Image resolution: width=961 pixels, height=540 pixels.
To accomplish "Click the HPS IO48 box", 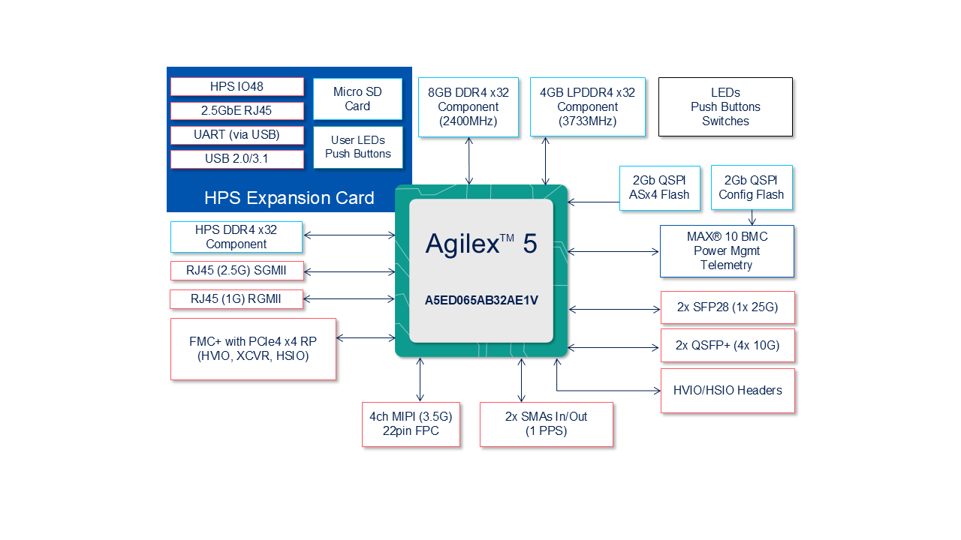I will (236, 87).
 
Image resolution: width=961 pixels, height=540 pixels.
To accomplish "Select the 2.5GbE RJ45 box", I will (236, 111).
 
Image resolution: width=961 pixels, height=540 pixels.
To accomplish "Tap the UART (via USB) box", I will (236, 135).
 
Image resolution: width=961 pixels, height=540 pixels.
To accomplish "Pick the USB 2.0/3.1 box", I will (236, 159).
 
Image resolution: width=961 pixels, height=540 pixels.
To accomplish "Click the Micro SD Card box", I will (357, 99).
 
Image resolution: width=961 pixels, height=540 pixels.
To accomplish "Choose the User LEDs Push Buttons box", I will (357, 147).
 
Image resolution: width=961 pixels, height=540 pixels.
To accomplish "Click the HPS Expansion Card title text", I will (289, 198).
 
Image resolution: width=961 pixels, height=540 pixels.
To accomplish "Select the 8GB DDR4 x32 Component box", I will (468, 106).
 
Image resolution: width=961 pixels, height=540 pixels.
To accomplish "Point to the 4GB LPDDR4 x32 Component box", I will (587, 106).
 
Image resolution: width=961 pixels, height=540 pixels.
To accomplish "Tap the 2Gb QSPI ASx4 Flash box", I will (659, 187).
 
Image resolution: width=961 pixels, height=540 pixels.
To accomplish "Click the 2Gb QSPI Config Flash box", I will (751, 187).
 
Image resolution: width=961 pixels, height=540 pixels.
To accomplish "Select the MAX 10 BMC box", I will (726, 250).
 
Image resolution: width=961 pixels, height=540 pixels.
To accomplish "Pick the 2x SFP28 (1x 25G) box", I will (727, 307).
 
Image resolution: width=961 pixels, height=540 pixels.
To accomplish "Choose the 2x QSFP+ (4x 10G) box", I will (727, 346).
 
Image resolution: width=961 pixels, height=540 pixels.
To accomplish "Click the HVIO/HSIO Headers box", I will (727, 390).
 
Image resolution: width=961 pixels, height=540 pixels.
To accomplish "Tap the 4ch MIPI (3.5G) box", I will (411, 424).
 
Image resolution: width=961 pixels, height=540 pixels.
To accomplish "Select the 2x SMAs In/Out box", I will (546, 424).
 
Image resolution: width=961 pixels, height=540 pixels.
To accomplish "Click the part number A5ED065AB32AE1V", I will (481, 300).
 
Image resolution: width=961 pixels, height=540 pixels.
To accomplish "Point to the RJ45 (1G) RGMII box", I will (236, 298).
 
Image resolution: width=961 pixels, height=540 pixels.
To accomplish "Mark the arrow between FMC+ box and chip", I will (366, 338).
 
